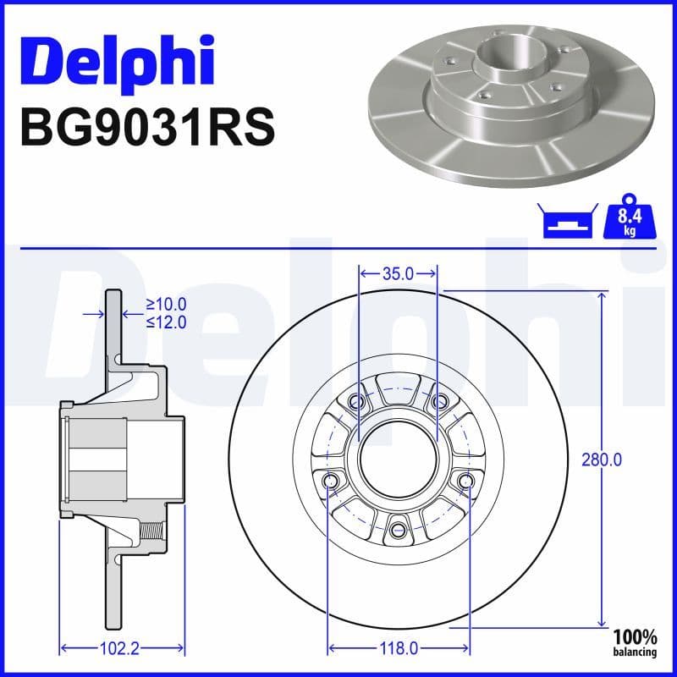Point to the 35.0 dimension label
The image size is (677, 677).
pyautogui.click(x=397, y=273)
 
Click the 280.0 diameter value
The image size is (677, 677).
pyautogui.click(x=602, y=460)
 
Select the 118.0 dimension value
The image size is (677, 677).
pyautogui.click(x=397, y=649)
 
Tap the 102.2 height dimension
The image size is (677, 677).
pyautogui.click(x=120, y=649)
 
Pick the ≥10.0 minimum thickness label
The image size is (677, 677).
pyautogui.click(x=166, y=304)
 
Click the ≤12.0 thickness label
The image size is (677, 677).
pyautogui.click(x=166, y=322)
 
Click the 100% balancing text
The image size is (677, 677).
pyautogui.click(x=635, y=643)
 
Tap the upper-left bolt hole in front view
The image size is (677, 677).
pyautogui.click(x=356, y=401)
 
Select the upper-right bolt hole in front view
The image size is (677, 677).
pyautogui.click(x=438, y=401)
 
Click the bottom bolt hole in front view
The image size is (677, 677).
pyautogui.click(x=397, y=531)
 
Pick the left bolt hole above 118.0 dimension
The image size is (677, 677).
pyautogui.click(x=329, y=482)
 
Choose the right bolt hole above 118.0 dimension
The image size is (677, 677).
pyautogui.click(x=465, y=482)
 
